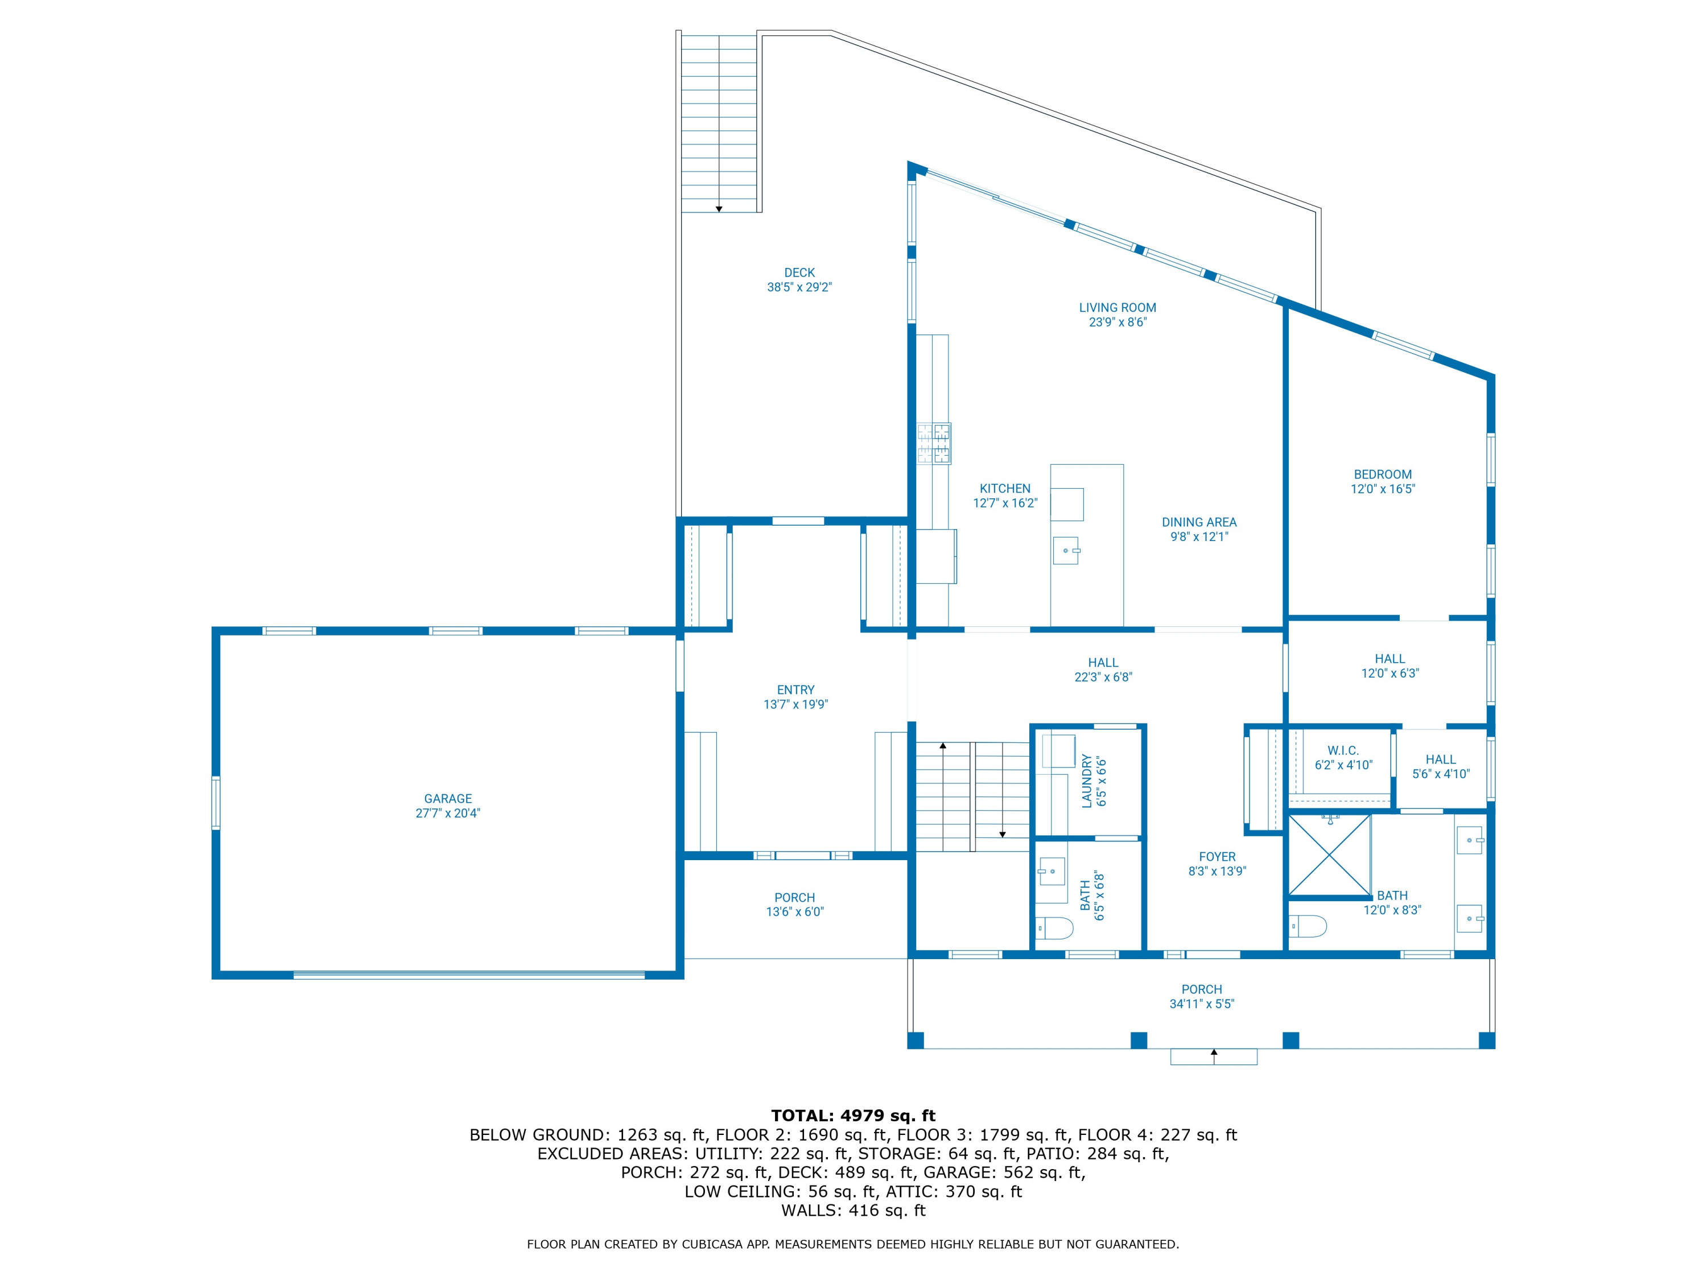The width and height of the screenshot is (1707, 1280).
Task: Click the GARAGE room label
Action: pyautogui.click(x=448, y=799)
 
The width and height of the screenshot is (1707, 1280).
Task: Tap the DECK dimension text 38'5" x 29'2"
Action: pyautogui.click(x=799, y=287)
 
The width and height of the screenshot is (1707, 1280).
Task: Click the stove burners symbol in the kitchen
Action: pyautogui.click(x=934, y=444)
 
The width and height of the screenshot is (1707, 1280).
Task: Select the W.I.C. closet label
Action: pyautogui.click(x=1343, y=751)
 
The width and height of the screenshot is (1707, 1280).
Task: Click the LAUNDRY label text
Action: pyautogui.click(x=1087, y=781)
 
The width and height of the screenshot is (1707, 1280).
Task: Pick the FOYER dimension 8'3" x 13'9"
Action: pyautogui.click(x=1217, y=871)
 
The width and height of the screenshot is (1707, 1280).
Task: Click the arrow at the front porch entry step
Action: pyautogui.click(x=1213, y=1052)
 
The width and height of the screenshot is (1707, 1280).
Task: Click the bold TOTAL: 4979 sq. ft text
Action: pyautogui.click(x=853, y=1116)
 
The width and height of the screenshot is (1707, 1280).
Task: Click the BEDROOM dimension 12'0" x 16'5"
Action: pyautogui.click(x=1382, y=489)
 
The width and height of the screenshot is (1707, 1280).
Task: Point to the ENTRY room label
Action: pyautogui.click(x=795, y=689)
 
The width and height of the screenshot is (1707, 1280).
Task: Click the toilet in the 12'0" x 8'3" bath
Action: pyautogui.click(x=1307, y=925)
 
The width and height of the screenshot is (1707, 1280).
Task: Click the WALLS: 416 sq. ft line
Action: pyautogui.click(x=853, y=1211)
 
